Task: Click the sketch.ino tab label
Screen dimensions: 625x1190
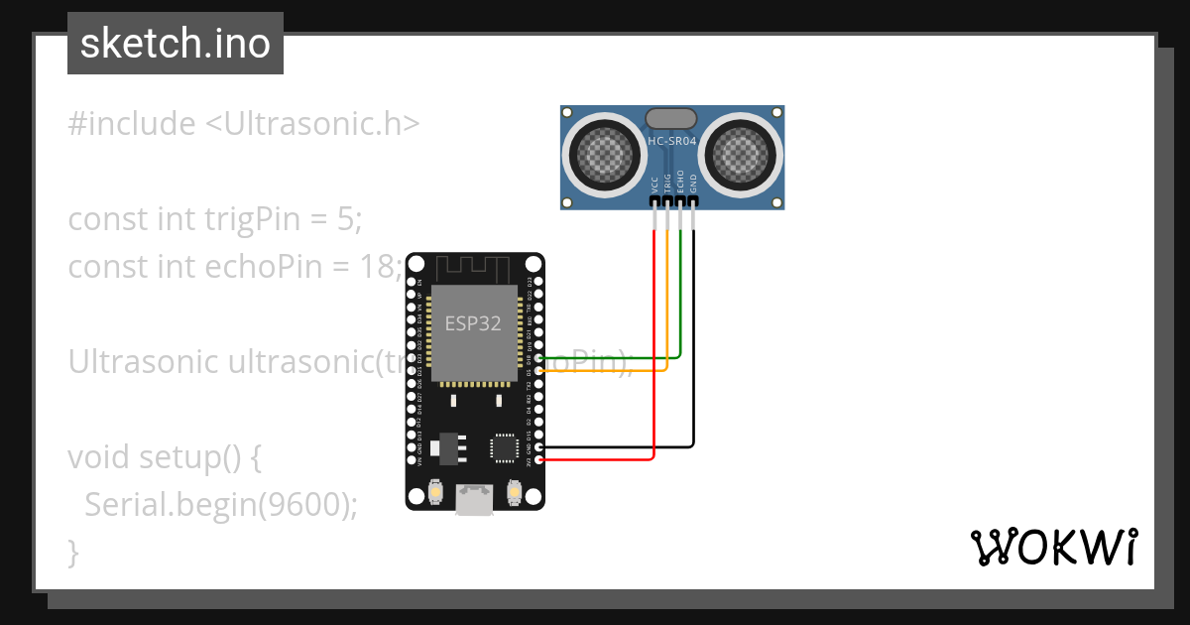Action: pos(175,45)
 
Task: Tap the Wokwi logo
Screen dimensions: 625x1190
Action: pos(1052,547)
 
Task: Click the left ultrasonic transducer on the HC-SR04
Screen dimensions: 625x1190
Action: pos(602,154)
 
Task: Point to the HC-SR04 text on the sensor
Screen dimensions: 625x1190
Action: pos(672,142)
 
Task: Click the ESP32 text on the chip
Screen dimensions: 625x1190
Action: pos(472,323)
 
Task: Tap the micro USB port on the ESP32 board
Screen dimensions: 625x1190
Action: pos(474,498)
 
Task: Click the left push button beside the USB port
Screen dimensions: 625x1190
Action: pos(434,491)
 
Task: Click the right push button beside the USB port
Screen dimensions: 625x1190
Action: pos(514,491)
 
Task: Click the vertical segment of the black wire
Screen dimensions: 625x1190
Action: pos(693,337)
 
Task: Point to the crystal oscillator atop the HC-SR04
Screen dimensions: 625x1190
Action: pos(672,118)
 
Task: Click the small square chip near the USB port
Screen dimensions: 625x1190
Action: pos(504,447)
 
